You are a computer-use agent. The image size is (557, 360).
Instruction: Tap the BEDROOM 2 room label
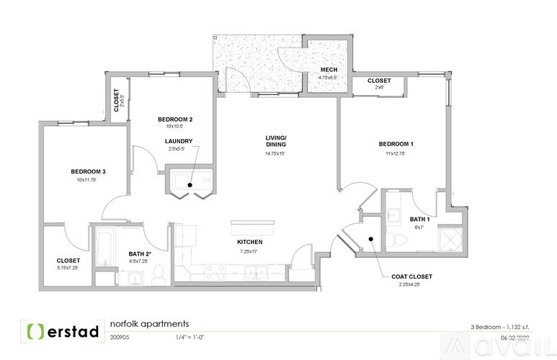click(x=175, y=120)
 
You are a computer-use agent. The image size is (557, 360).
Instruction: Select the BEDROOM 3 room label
click(x=89, y=171)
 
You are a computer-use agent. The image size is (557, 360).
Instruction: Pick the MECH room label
click(x=329, y=70)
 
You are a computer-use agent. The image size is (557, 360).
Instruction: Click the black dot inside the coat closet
click(x=370, y=239)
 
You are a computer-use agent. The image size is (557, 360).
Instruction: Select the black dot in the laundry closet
click(x=191, y=185)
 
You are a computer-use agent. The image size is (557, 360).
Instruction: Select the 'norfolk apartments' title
click(x=148, y=323)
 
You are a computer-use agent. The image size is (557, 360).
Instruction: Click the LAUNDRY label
click(x=178, y=141)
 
